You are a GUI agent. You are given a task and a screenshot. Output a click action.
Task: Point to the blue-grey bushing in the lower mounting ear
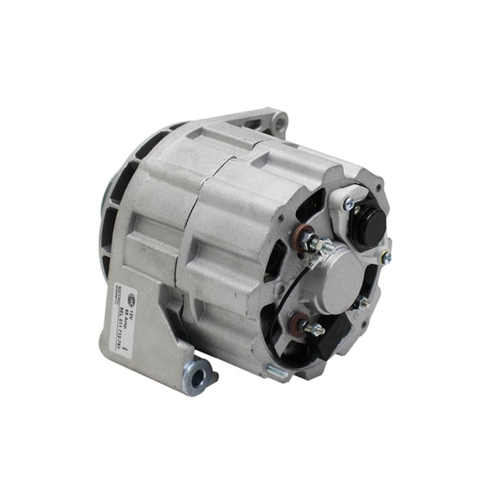pyautogui.click(x=197, y=376)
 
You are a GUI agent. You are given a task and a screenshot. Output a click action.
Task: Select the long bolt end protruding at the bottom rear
pyautogui.click(x=277, y=372)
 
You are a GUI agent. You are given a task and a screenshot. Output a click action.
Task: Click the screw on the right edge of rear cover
pyautogui.click(x=386, y=256)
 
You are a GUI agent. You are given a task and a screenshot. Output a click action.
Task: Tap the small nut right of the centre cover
pyautogui.click(x=364, y=304)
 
